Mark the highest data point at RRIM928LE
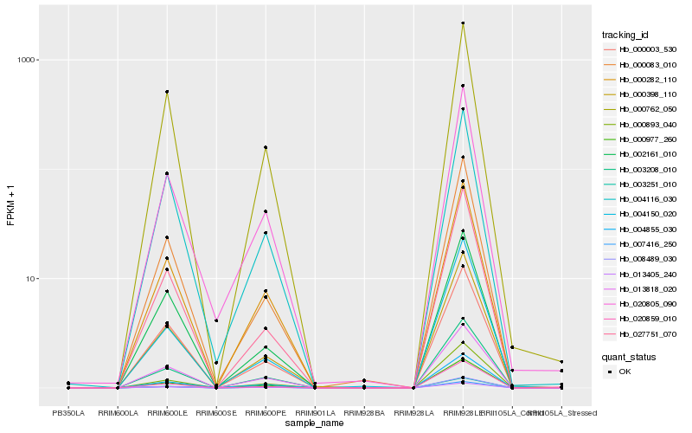click(x=463, y=23)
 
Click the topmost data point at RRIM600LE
click(x=167, y=92)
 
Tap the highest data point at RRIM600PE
click(x=266, y=147)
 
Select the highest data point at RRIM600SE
click(x=216, y=320)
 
